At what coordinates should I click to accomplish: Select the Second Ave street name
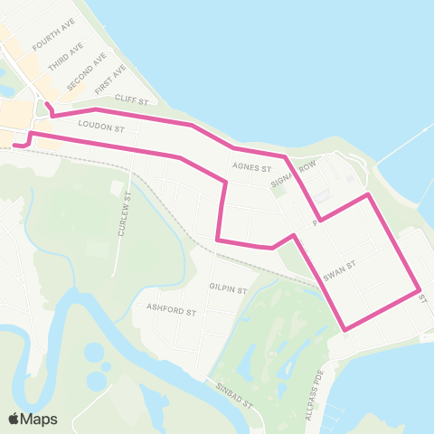[80, 73]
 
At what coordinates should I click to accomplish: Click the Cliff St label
[131, 101]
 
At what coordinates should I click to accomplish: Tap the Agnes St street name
[251, 167]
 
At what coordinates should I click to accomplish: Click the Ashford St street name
[171, 309]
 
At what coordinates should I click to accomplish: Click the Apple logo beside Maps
[14, 419]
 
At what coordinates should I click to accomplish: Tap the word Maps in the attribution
[40, 419]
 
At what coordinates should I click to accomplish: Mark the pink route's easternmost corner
[420, 291]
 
